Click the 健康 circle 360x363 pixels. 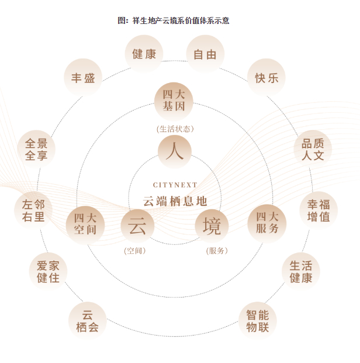click(x=144, y=54)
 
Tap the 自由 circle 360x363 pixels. click(x=205, y=54)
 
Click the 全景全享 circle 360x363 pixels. click(x=36, y=149)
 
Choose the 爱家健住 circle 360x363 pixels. click(x=48, y=271)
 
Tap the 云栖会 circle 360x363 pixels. click(x=88, y=320)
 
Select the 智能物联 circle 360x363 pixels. click(x=257, y=320)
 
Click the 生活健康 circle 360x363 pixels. click(x=301, y=271)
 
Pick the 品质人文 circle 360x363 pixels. click(x=313, y=149)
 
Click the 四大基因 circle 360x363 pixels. click(x=174, y=101)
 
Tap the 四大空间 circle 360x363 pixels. click(x=85, y=223)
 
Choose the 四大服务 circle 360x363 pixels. click(x=267, y=223)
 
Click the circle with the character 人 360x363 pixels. click(x=174, y=151)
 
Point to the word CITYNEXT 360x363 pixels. click(x=175, y=185)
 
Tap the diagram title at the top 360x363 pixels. click(x=174, y=20)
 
